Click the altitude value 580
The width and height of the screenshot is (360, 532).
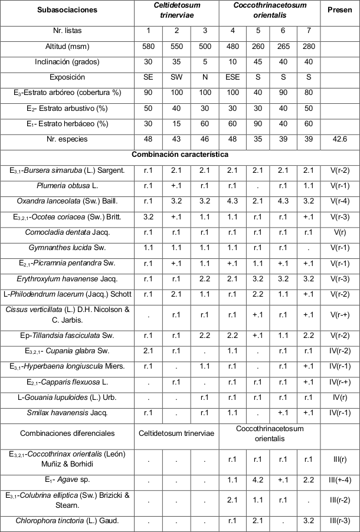(x=148, y=47)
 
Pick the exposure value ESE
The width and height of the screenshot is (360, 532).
(x=233, y=77)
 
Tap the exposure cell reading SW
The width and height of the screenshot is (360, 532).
(x=176, y=77)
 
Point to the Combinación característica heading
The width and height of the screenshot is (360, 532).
(x=180, y=155)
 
